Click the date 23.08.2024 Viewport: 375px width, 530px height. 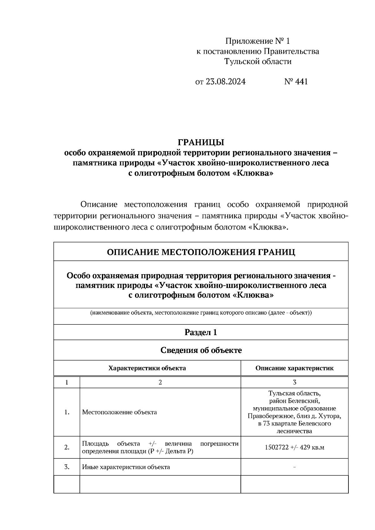click(x=226, y=82)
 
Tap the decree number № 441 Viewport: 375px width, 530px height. click(x=296, y=82)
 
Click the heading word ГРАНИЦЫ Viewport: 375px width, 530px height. click(x=201, y=142)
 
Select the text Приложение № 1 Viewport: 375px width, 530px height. click(x=258, y=41)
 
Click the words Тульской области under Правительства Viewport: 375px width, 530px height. click(x=258, y=62)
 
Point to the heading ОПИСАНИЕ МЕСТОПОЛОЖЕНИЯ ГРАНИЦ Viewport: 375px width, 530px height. click(x=201, y=252)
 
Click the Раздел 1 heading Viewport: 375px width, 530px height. click(x=201, y=333)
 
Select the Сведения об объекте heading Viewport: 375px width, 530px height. click(x=201, y=350)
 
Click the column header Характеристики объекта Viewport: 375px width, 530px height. click(x=147, y=368)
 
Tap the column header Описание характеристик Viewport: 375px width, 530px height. click(x=294, y=368)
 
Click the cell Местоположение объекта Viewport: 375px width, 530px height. click(x=119, y=412)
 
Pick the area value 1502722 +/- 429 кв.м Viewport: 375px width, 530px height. click(x=294, y=448)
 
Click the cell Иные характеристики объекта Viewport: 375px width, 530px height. click(x=126, y=467)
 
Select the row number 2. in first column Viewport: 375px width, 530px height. click(x=67, y=448)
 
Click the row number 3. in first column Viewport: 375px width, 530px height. click(x=67, y=467)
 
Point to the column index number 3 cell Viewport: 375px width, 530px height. click(x=294, y=382)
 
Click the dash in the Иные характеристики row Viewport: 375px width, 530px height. click(x=294, y=467)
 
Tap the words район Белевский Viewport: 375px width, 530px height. click(x=294, y=401)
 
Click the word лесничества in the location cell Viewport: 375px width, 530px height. click(x=294, y=432)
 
